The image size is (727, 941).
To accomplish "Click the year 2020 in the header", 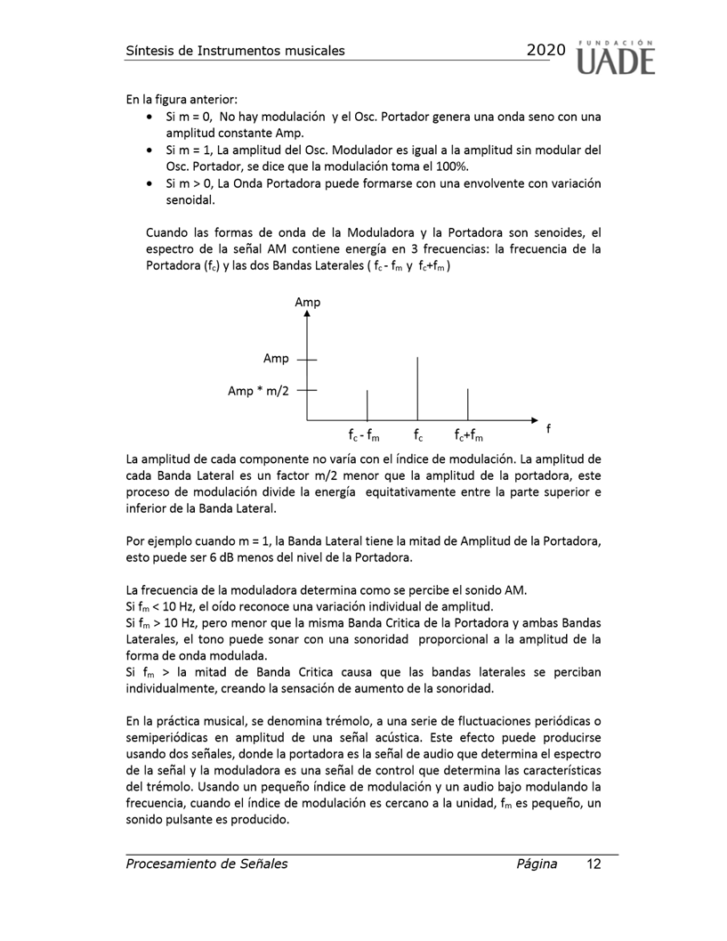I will pyautogui.click(x=545, y=50).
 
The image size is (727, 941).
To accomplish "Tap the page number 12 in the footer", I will pyautogui.click(x=594, y=864).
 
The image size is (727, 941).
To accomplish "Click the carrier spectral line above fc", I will pyautogui.click(x=418, y=387).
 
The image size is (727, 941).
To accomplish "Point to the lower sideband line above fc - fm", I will pyautogui.click(x=368, y=404).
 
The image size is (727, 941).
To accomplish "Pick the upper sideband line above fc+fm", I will pyautogui.click(x=468, y=404).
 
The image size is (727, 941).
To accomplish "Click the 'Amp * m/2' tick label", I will pyautogui.click(x=259, y=391).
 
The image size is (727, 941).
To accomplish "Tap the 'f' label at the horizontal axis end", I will pyautogui.click(x=548, y=428).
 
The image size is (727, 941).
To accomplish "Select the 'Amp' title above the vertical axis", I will pyautogui.click(x=308, y=303).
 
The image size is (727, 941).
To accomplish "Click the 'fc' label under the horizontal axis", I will pyautogui.click(x=418, y=435).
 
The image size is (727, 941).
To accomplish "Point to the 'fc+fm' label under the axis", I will pyautogui.click(x=468, y=435).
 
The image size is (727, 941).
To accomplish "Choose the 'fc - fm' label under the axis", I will pyautogui.click(x=364, y=435).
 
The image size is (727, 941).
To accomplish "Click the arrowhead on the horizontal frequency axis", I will pyautogui.click(x=534, y=419).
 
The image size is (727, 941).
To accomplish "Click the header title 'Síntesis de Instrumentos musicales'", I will pyautogui.click(x=235, y=50).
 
